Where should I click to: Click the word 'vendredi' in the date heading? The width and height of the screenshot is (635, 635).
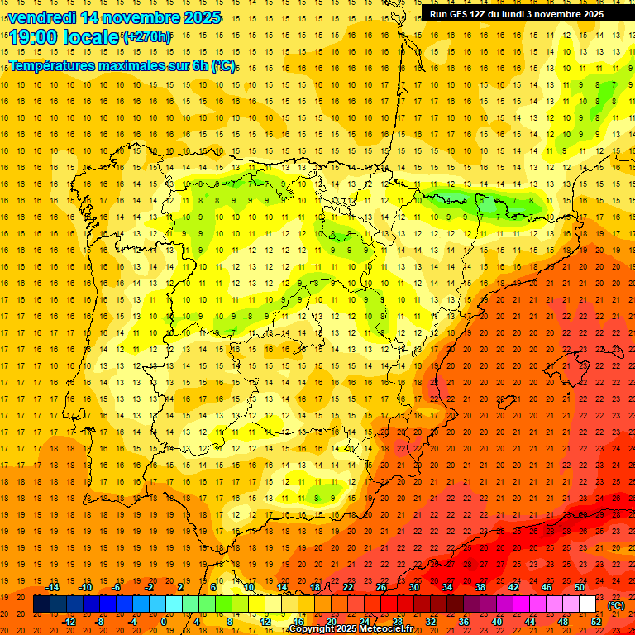[42, 17]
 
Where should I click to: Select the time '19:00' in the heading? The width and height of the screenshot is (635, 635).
[34, 37]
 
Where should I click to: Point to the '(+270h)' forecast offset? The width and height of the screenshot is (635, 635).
[147, 36]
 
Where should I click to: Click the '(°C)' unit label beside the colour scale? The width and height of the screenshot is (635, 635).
[615, 605]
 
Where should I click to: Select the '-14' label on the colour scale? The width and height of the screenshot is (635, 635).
[53, 587]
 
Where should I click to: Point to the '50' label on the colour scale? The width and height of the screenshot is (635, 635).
[580, 587]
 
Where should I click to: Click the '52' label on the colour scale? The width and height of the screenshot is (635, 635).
[595, 622]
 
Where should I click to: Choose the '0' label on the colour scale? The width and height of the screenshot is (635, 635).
[164, 622]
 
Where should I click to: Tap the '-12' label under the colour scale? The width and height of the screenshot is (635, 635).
[69, 622]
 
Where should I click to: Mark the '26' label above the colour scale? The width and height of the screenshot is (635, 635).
[381, 587]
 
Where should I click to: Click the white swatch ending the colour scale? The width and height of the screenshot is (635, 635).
[587, 604]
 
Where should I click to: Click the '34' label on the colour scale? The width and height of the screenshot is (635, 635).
[447, 587]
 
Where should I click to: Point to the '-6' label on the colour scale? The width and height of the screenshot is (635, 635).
[117, 587]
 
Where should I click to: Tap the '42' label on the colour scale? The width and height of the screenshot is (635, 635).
[513, 587]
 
